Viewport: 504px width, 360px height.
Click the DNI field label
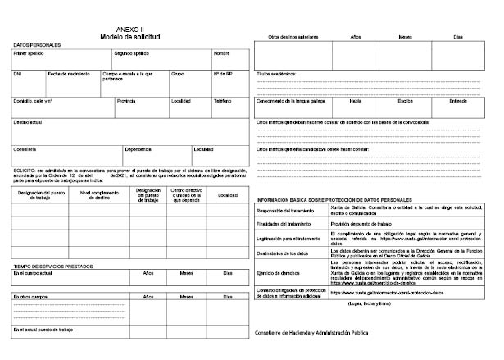point(17,74)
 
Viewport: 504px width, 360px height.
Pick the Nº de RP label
point(223,74)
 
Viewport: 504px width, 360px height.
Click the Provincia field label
point(126,101)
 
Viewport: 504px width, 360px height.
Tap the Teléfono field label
point(223,101)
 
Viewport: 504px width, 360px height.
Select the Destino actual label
point(28,121)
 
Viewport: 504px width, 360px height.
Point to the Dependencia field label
point(138,148)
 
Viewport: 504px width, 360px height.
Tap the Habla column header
point(356,101)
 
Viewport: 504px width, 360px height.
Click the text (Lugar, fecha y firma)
point(368,303)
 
